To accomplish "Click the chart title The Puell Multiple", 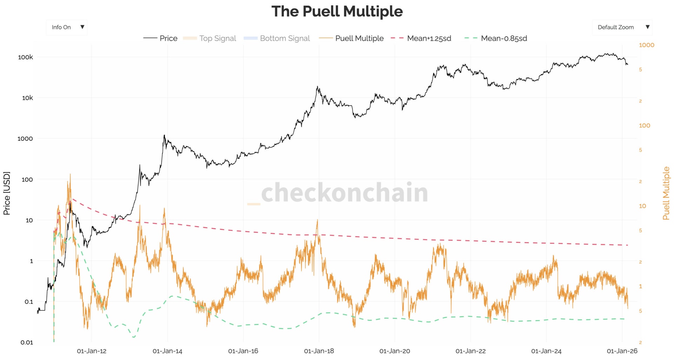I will pos(337,11).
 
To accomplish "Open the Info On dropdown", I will pos(67,27).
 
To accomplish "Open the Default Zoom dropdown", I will pos(622,27).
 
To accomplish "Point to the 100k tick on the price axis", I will pos(25,57).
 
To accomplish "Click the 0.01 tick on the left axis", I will pos(27,342).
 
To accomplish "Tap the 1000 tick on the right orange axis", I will pos(646,45).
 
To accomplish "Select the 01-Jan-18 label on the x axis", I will pos(319,351).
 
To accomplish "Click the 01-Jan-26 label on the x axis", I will pos(622,351).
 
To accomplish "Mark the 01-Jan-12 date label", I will pos(92,351).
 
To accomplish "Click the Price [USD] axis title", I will pos(7,193).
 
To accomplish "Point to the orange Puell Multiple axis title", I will pos(666,193).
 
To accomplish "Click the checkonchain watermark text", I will pos(344,192).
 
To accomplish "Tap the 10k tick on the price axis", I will pos(27,98).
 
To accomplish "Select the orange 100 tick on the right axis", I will pos(644,126).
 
